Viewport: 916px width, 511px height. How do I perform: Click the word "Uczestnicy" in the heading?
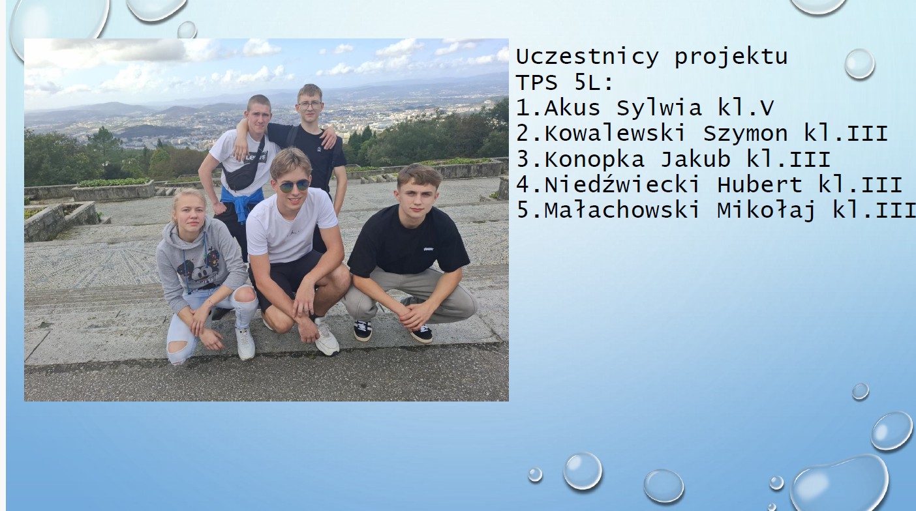point(587,57)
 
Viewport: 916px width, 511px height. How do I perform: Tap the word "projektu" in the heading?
point(731,58)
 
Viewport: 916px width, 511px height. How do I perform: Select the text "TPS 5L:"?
point(565,83)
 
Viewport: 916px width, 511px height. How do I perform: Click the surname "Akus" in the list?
point(573,108)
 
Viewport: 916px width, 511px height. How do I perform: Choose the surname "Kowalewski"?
point(615,134)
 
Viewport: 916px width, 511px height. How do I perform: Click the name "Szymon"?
point(746,134)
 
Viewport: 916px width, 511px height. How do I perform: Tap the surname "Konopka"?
point(594,160)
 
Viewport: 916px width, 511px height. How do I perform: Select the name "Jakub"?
point(695,159)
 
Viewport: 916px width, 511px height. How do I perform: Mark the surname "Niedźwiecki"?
point(622,184)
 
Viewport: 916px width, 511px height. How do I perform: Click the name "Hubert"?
point(759,184)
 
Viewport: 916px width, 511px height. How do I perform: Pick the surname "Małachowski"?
point(622,211)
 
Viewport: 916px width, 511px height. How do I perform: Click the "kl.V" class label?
point(746,108)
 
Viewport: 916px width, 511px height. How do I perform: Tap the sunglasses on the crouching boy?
point(294,186)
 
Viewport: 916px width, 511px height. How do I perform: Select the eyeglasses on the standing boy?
point(309,106)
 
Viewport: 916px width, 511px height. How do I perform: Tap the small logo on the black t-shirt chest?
point(428,248)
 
